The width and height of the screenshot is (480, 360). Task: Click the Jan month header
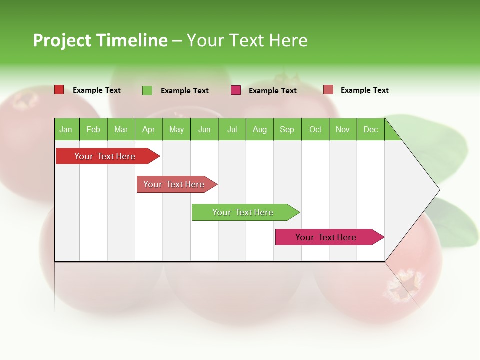66,129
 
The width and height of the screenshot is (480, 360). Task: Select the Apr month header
148,129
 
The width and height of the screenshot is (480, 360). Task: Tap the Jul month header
232,129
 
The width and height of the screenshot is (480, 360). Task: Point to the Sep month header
287,129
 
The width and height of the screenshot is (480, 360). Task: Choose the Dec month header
370,129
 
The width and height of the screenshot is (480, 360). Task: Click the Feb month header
93,129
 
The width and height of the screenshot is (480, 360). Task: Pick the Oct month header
315,129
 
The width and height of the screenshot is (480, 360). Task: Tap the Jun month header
204,129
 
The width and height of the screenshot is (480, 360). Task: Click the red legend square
59,90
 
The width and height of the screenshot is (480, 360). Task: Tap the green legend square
147,90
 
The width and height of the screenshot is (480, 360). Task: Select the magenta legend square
236,90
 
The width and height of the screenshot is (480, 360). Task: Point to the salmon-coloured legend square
328,90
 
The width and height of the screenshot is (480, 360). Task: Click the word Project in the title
62,40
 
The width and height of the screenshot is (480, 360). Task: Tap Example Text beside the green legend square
185,91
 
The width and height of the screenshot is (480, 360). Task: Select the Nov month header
343,129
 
